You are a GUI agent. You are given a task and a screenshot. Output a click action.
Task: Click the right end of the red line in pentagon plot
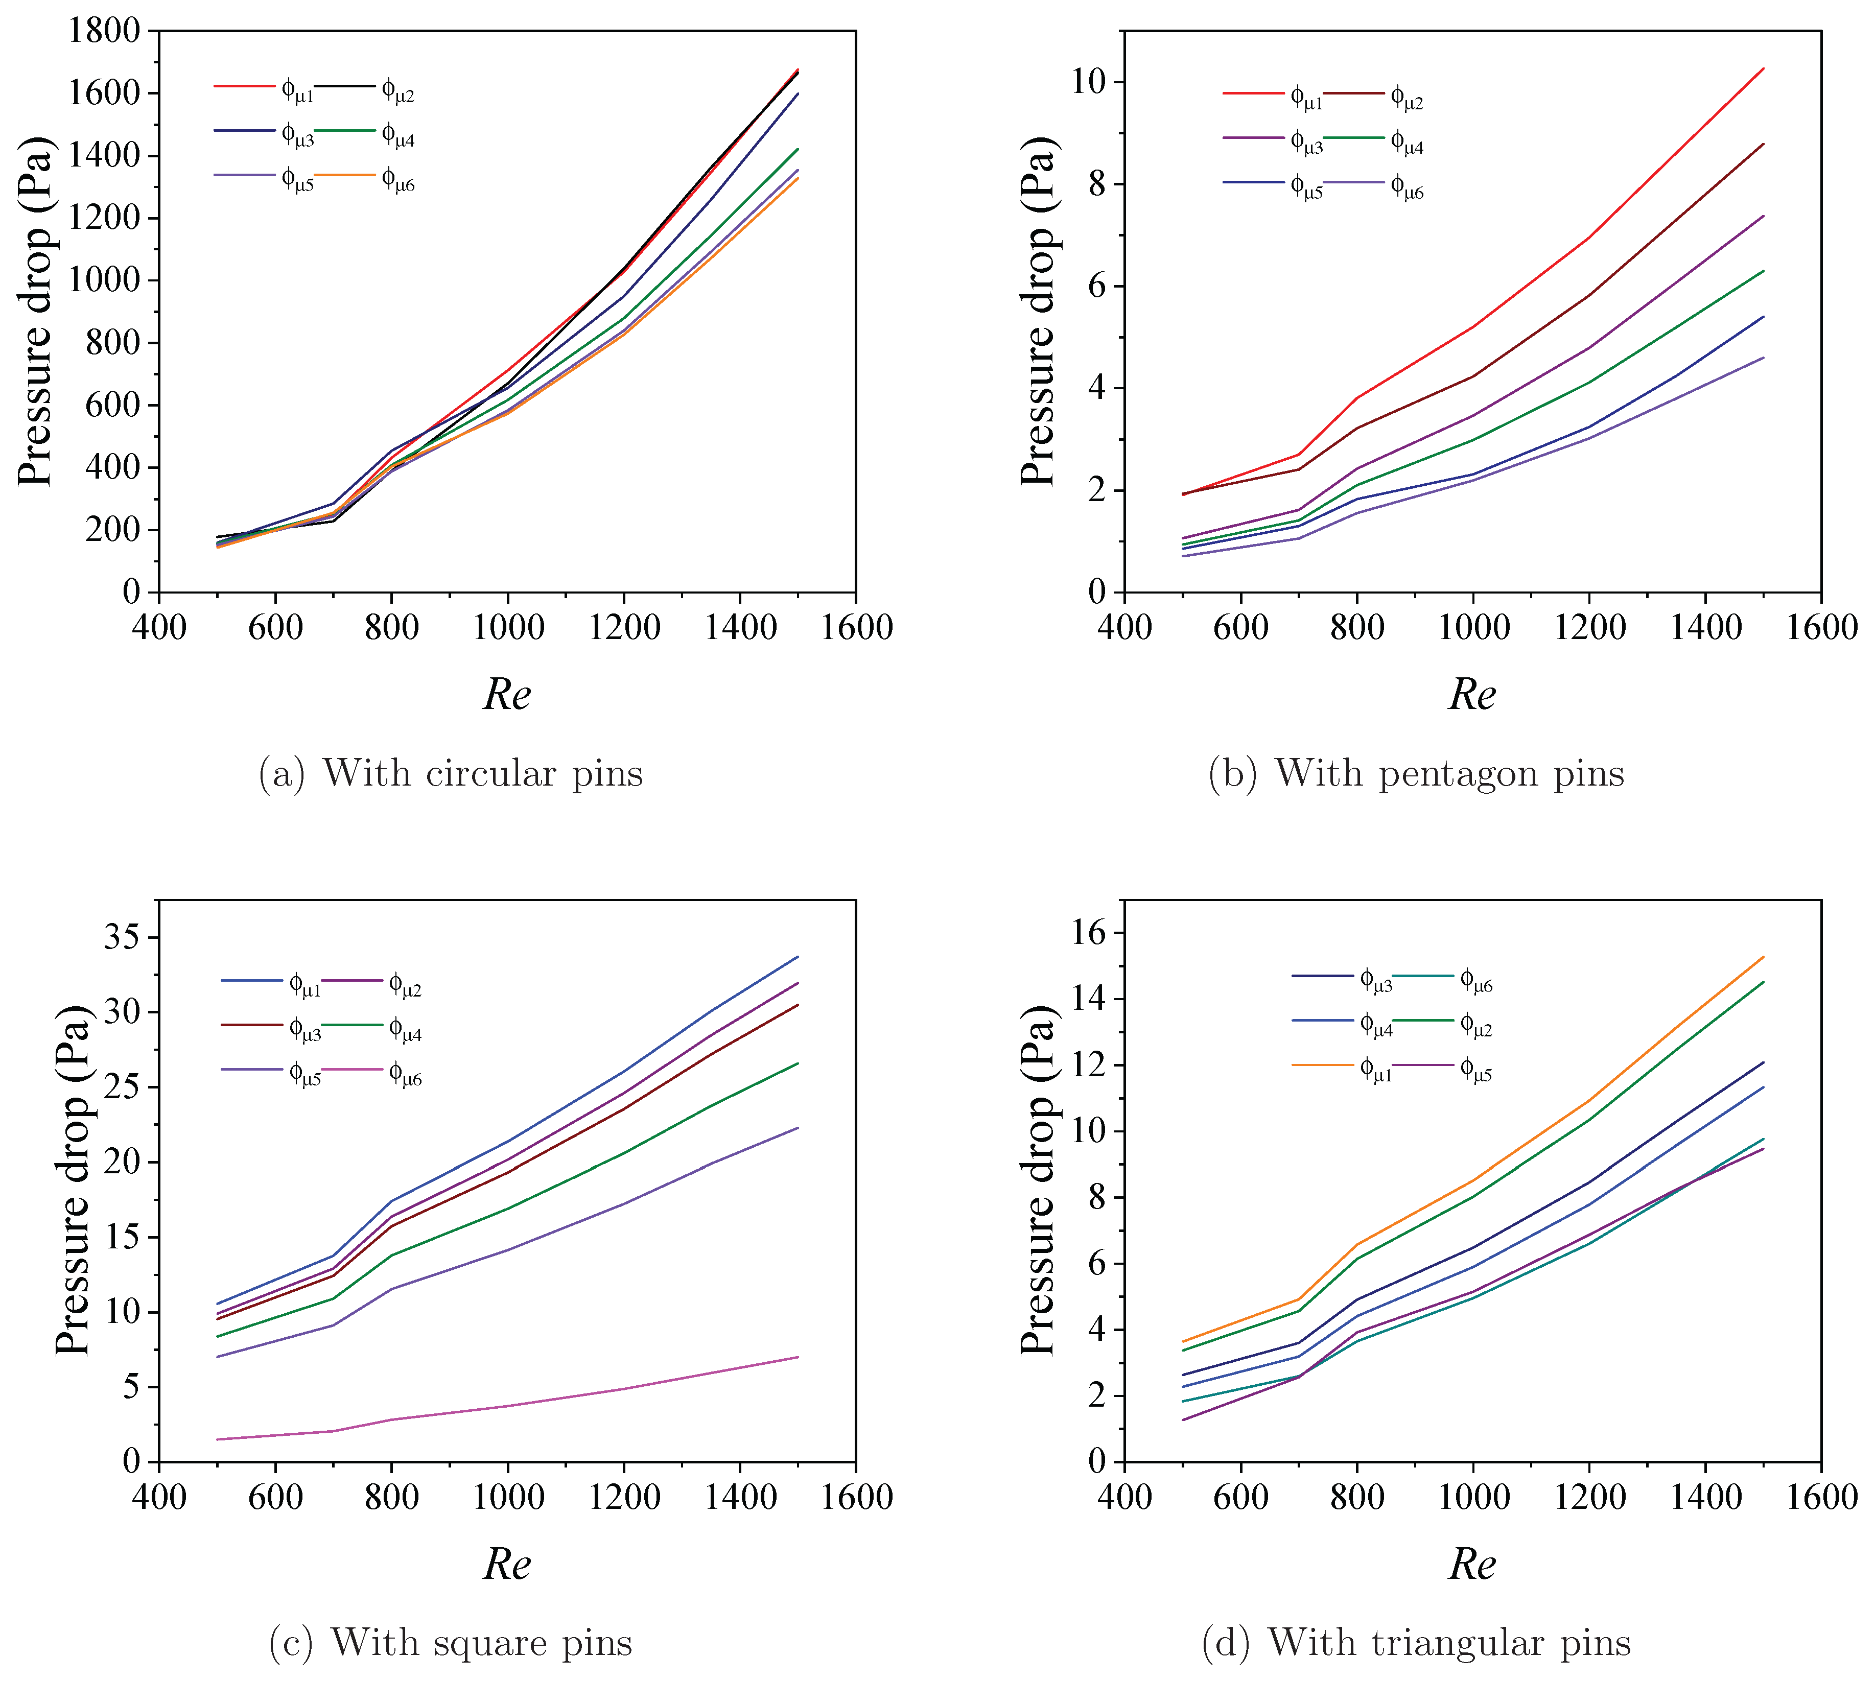pos(1762,68)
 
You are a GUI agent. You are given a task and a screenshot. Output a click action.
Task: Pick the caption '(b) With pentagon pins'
pos(1416,773)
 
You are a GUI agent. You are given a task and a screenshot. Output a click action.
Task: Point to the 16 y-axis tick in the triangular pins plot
pos(1088,933)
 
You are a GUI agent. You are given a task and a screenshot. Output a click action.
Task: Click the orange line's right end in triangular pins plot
pos(1762,957)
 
